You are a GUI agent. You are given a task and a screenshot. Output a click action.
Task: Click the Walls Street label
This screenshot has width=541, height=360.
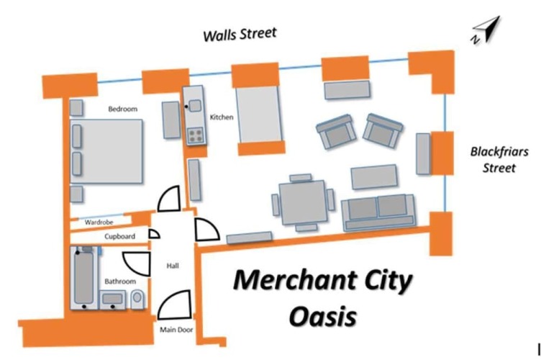pyautogui.click(x=240, y=34)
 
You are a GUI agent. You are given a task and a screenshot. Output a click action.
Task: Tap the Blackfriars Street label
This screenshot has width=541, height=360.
pyautogui.click(x=499, y=159)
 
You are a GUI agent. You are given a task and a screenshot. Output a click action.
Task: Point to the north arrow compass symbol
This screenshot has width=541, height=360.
pyautogui.click(x=486, y=30)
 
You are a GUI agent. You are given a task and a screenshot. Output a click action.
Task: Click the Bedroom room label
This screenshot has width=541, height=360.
pyautogui.click(x=123, y=109)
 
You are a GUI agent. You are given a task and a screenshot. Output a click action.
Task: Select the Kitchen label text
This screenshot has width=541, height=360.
pyautogui.click(x=222, y=117)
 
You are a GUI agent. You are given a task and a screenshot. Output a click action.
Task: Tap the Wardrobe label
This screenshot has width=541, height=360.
pyautogui.click(x=99, y=222)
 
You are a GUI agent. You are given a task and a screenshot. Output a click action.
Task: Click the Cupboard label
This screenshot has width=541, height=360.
pyautogui.click(x=119, y=236)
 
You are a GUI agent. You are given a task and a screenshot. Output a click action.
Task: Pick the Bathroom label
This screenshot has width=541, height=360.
pyautogui.click(x=120, y=282)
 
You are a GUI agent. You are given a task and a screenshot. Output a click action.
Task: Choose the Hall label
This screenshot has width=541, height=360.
pyautogui.click(x=173, y=266)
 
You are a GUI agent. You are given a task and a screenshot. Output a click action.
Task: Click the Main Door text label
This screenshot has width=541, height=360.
pyautogui.click(x=176, y=330)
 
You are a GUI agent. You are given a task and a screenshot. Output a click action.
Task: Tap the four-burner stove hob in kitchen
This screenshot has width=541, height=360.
pyautogui.click(x=195, y=135)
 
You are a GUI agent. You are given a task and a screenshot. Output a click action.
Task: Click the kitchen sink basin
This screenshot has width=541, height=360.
pyautogui.click(x=195, y=106)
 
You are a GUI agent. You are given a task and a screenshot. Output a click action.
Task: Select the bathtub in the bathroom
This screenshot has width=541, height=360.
pyautogui.click(x=84, y=278)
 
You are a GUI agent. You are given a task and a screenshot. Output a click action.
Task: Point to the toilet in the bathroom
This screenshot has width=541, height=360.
pyautogui.click(x=137, y=299)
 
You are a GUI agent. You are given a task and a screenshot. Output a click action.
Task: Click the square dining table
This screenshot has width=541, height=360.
pyautogui.click(x=303, y=202)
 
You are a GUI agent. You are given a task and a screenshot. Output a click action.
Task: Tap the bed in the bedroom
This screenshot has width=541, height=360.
pyautogui.click(x=106, y=151)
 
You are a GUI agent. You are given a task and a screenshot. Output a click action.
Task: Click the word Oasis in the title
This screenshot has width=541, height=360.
pyautogui.click(x=322, y=317)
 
